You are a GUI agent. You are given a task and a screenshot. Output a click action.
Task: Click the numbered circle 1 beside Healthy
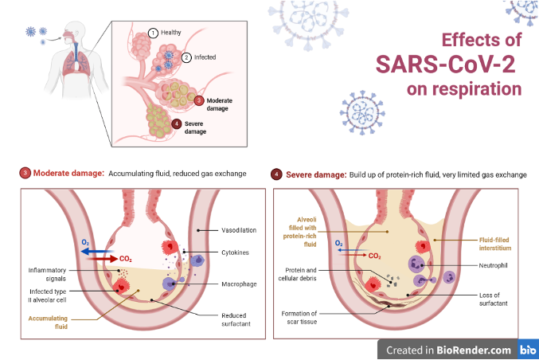[x=153, y=33]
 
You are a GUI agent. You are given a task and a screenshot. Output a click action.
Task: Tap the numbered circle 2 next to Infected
[x=186, y=57]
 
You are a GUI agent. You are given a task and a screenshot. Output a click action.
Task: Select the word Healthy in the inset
[x=171, y=33]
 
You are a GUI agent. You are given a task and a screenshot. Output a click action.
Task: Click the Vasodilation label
[x=239, y=230]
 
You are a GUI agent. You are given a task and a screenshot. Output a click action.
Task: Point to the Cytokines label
[x=235, y=252]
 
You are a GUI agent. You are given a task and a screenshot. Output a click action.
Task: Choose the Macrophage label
[x=239, y=284]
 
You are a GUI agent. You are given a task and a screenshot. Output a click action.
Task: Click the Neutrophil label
[x=494, y=265]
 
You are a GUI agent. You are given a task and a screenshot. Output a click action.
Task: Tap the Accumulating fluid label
[x=48, y=323]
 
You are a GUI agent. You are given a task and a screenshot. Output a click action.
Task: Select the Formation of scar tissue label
[x=299, y=317]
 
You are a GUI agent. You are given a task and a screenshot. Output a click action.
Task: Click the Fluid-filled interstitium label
[x=495, y=244]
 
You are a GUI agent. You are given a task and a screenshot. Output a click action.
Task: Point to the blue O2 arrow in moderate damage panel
[x=97, y=252]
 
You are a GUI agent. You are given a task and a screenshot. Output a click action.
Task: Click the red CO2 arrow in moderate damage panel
[x=102, y=259]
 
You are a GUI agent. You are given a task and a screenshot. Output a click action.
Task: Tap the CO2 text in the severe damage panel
[x=374, y=256]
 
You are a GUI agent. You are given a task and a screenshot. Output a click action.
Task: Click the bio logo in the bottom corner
[x=528, y=350]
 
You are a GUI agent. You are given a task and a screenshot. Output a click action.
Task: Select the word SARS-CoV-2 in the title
[x=446, y=65]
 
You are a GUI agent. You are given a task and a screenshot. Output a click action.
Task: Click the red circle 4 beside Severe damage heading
[x=276, y=174]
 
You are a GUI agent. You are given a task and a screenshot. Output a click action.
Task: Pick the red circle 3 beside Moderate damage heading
[x=25, y=173]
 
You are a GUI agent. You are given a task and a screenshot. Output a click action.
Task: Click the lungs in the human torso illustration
[x=76, y=62]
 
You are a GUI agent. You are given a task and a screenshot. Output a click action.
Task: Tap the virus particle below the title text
[x=362, y=113]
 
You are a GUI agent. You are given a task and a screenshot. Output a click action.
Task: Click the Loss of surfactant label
[x=494, y=299]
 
